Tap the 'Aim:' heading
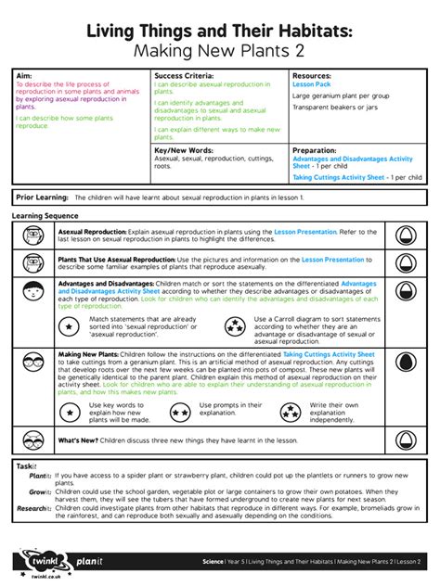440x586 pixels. [25, 74]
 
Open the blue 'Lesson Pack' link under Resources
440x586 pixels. [311, 83]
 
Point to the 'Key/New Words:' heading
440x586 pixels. [185, 148]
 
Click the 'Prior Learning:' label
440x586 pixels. [43, 197]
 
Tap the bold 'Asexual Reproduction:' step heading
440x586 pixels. [92, 231]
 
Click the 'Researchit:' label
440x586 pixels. [33, 508]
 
